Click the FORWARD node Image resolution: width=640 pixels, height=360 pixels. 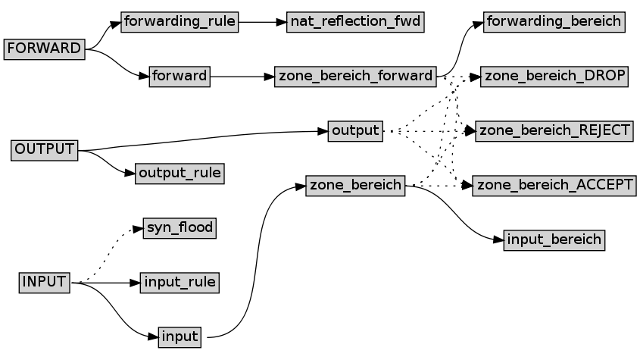pos(43,49)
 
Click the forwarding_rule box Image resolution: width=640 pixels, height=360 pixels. pos(180,22)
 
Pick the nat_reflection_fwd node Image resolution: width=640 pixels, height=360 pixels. pos(355,22)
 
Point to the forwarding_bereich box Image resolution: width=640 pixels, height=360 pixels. pos(554,22)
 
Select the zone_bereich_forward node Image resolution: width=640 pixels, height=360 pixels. pos(355,77)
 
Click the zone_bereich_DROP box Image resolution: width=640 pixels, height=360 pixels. pos(554,77)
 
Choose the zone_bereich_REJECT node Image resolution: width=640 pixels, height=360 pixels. pos(554,130)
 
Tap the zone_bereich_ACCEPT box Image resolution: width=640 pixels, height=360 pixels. pos(554,185)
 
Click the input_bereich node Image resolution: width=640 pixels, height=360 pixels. pos(554,240)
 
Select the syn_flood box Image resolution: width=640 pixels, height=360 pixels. pos(180,227)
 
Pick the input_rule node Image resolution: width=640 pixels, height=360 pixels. pos(180,283)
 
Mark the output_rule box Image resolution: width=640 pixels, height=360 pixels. pos(180,174)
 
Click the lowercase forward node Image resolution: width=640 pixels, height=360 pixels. pos(180,77)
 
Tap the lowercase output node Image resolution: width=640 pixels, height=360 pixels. pos(355,130)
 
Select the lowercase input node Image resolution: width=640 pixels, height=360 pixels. pos(180,337)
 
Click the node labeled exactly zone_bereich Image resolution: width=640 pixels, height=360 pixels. pos(355,185)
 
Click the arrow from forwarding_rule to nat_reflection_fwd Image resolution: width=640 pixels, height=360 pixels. pos(262,22)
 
